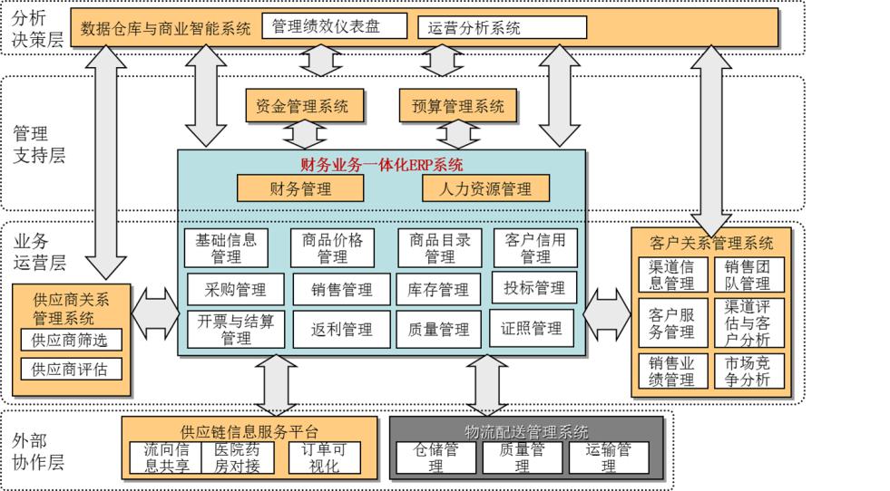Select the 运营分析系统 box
coord(502,28)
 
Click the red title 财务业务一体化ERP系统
coord(381,165)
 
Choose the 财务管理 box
coord(300,188)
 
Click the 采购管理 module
coord(236,290)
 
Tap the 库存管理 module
coord(438,290)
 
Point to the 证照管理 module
coord(532,328)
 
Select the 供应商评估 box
coord(70,370)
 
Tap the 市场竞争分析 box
coord(747,371)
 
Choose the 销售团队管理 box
coord(747,274)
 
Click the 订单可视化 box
coord(324,458)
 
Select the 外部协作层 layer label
coord(38,451)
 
